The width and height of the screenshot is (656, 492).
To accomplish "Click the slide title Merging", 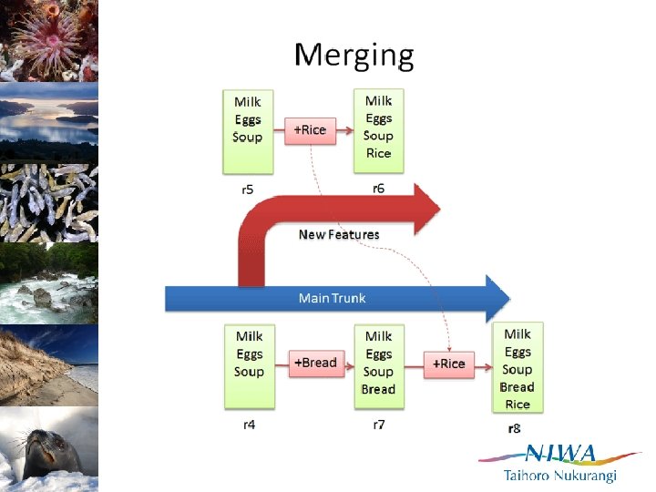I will tap(354, 56).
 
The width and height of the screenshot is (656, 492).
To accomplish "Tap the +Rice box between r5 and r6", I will tap(310, 129).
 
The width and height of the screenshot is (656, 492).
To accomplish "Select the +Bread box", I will tap(315, 363).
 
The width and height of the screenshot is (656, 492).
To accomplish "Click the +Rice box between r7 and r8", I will tap(448, 364).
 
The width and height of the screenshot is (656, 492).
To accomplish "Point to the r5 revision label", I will tap(248, 190).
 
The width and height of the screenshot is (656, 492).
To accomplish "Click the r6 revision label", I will tap(379, 189).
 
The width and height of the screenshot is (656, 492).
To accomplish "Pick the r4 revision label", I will tap(249, 425).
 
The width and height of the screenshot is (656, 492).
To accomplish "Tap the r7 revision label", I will tap(379, 425).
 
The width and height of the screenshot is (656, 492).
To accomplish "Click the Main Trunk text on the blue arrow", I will tap(333, 298).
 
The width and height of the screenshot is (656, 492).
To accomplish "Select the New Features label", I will tap(338, 234).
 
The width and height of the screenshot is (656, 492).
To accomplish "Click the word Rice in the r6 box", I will tap(378, 153).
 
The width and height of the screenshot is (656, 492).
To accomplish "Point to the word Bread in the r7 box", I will tap(378, 389).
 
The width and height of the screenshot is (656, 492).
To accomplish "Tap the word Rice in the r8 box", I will tap(518, 404).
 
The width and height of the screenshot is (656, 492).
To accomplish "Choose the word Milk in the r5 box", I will tap(248, 102).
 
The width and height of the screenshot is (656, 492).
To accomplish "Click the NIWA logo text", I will tap(561, 453).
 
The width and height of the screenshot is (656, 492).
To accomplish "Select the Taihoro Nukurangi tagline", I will tap(560, 476).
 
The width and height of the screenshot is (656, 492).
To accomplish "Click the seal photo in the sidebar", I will tap(48, 449).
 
